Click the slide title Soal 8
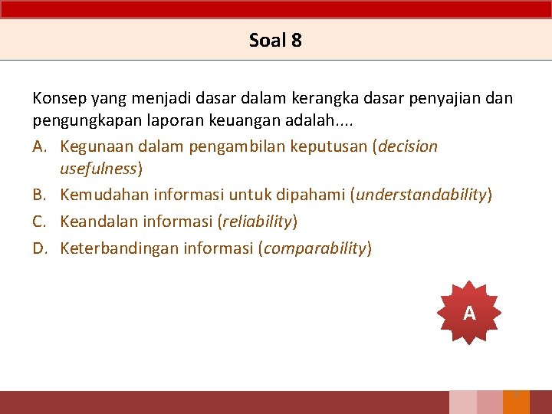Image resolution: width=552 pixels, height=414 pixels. tap(275, 41)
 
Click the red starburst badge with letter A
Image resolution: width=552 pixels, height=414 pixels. tap(469, 313)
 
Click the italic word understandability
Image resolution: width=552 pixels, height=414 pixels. tap(421, 195)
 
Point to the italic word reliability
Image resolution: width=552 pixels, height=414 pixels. tap(257, 222)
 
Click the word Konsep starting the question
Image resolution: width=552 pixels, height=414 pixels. tap(59, 98)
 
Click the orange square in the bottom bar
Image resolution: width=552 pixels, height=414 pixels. tap(516, 402)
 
